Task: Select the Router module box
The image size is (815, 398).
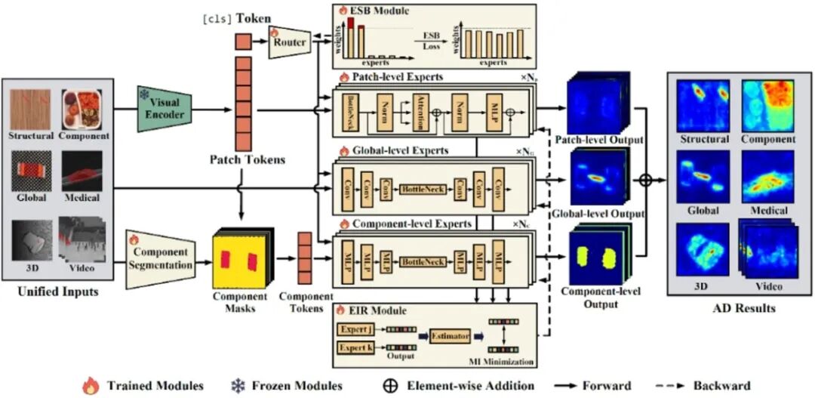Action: (290, 42)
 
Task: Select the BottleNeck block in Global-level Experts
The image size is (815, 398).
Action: (422, 188)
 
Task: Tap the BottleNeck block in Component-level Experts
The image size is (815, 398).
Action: (422, 261)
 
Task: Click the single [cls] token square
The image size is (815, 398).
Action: (243, 42)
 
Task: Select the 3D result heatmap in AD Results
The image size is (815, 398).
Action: (703, 249)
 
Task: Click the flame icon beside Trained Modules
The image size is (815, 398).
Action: (90, 386)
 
